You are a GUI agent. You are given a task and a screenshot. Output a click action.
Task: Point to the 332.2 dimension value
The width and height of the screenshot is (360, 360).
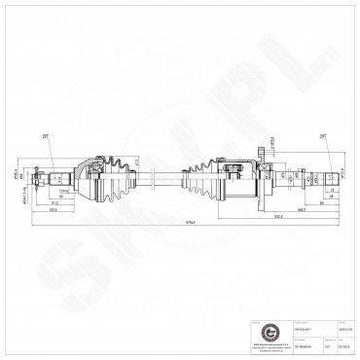[251, 216]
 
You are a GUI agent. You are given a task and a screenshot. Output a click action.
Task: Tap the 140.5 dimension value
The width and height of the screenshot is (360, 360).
[276, 208]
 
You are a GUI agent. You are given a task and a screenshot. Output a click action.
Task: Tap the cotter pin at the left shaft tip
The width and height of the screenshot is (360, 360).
[36, 176]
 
